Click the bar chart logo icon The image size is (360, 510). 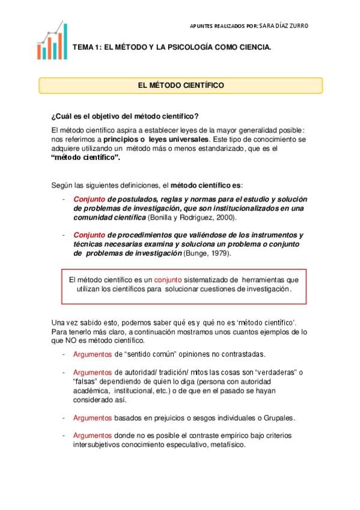(52, 41)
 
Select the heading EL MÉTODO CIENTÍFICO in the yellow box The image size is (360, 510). (180, 86)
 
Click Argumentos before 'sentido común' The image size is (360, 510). (92, 355)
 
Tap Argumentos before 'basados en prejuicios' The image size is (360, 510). (92, 418)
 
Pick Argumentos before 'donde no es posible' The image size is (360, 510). (92, 435)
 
